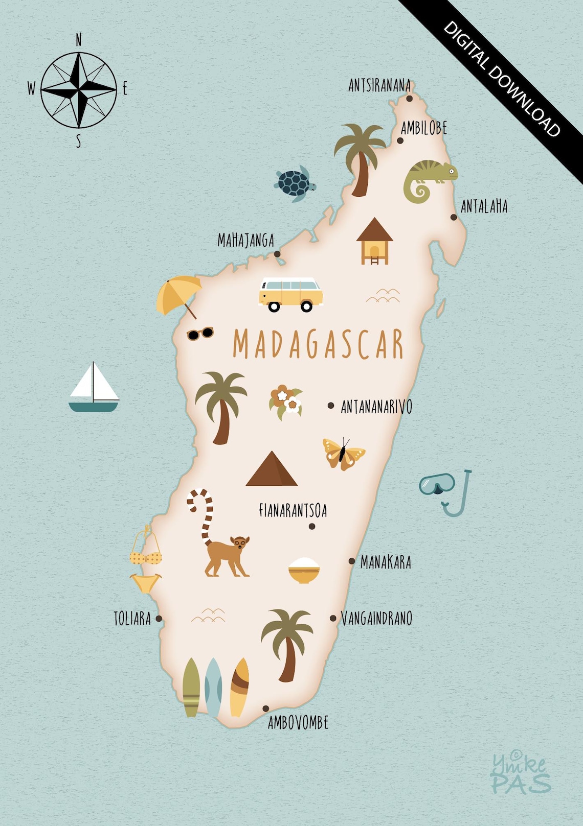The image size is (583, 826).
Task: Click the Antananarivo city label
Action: click(x=376, y=407)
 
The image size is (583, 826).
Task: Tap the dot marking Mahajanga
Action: click(x=277, y=254)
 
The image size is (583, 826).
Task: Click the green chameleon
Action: click(x=428, y=179)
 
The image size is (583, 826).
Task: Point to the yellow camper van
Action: click(x=290, y=294)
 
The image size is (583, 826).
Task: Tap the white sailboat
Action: click(x=94, y=388)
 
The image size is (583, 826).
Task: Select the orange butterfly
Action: click(x=343, y=454)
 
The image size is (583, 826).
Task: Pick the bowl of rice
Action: click(x=304, y=570)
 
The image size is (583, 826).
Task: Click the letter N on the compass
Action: click(x=79, y=40)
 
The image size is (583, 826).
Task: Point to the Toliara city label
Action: click(x=132, y=619)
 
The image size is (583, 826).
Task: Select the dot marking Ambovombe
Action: click(x=265, y=709)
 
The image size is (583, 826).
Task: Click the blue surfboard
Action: click(x=213, y=687)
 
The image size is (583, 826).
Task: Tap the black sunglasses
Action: click(x=199, y=334)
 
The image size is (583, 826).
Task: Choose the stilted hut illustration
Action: click(x=375, y=241)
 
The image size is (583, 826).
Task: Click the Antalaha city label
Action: click(x=484, y=207)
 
